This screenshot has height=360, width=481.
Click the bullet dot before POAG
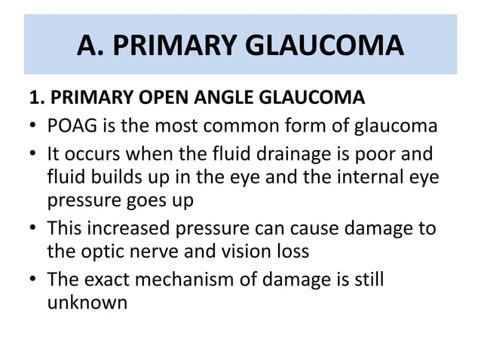pyautogui.click(x=34, y=126)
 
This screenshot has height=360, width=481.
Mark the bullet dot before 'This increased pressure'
pyautogui.click(x=34, y=229)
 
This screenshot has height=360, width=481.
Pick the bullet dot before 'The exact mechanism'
pyautogui.click(x=34, y=280)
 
